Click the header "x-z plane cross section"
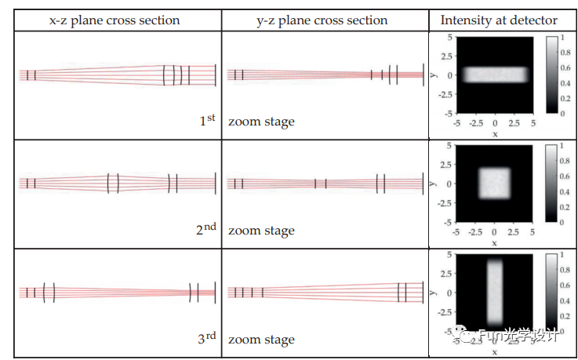pyautogui.click(x=114, y=20)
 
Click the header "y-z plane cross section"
pyautogui.click(x=322, y=20)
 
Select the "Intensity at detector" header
pyautogui.click(x=499, y=20)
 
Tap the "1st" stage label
pyautogui.click(x=206, y=121)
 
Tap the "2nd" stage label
pyautogui.click(x=205, y=230)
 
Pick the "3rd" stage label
pyautogui.click(x=205, y=339)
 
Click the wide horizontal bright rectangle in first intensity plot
pyautogui.click(x=495, y=75)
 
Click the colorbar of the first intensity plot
pyautogui.click(x=552, y=75)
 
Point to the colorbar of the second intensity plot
pyautogui.click(x=552, y=184)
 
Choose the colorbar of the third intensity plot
pyautogui.click(x=552, y=292)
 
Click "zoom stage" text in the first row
pyautogui.click(x=261, y=122)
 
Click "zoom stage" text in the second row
pyautogui.click(x=261, y=231)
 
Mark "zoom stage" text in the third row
pyautogui.click(x=261, y=340)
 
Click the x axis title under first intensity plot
pyautogui.click(x=495, y=134)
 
